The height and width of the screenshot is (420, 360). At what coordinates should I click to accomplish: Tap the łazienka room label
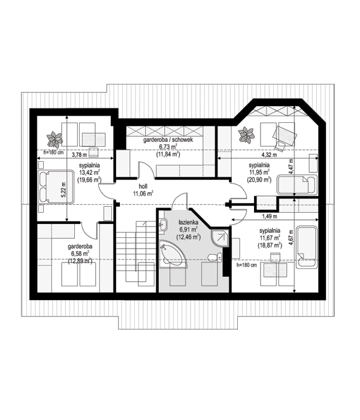click(x=186, y=222)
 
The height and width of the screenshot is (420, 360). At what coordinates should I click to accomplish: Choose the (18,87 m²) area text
click(x=270, y=245)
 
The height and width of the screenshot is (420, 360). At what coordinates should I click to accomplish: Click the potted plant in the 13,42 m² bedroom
click(x=55, y=139)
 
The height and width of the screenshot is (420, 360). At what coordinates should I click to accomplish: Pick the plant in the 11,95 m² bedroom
click(x=246, y=133)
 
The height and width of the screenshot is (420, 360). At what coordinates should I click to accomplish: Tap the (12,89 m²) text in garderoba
click(x=79, y=261)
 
